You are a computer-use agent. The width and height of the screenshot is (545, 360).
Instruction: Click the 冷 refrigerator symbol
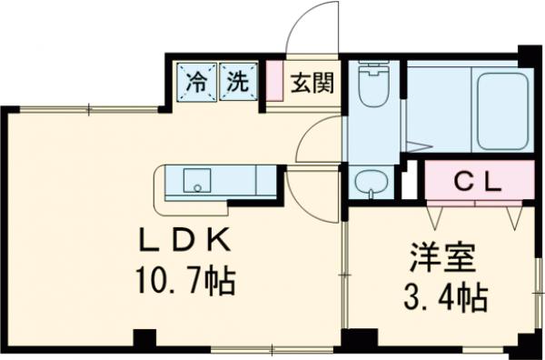click(197, 81)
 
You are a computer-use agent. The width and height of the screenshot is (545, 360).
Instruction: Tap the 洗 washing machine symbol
click(236, 81)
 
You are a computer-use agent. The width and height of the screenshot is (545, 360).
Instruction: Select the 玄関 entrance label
click(312, 85)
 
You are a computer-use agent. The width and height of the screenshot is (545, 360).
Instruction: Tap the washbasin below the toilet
click(371, 182)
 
